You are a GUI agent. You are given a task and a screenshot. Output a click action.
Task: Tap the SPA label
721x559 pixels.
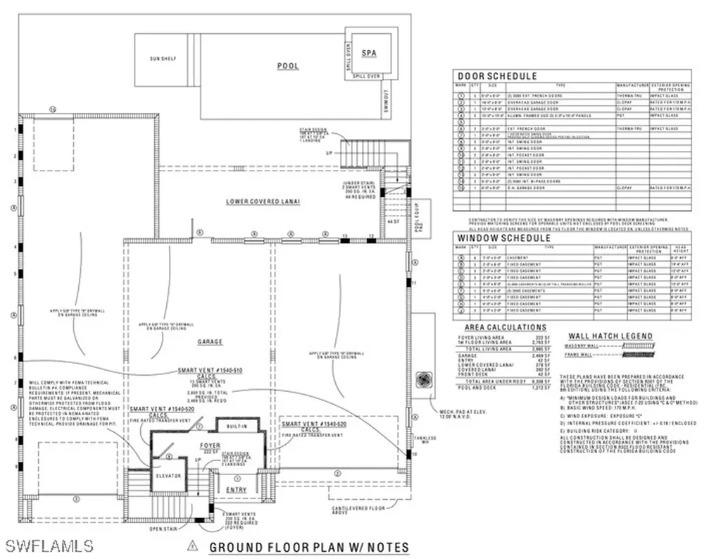(x=368, y=54)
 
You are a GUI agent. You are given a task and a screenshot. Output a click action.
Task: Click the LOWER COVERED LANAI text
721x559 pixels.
(x=263, y=202)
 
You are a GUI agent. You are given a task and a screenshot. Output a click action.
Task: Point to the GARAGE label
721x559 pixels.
(x=210, y=342)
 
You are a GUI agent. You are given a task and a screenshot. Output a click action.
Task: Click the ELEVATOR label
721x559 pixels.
(x=168, y=476)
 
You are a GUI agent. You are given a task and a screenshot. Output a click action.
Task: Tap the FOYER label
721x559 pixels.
(x=209, y=446)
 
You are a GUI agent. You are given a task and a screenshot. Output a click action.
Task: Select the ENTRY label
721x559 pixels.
(x=236, y=489)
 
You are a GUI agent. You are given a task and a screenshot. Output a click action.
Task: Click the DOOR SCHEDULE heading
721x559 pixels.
(x=497, y=76)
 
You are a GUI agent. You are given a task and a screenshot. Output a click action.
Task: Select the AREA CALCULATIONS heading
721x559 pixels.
(x=506, y=328)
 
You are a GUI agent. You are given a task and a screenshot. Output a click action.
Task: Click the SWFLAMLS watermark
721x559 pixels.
(x=49, y=545)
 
